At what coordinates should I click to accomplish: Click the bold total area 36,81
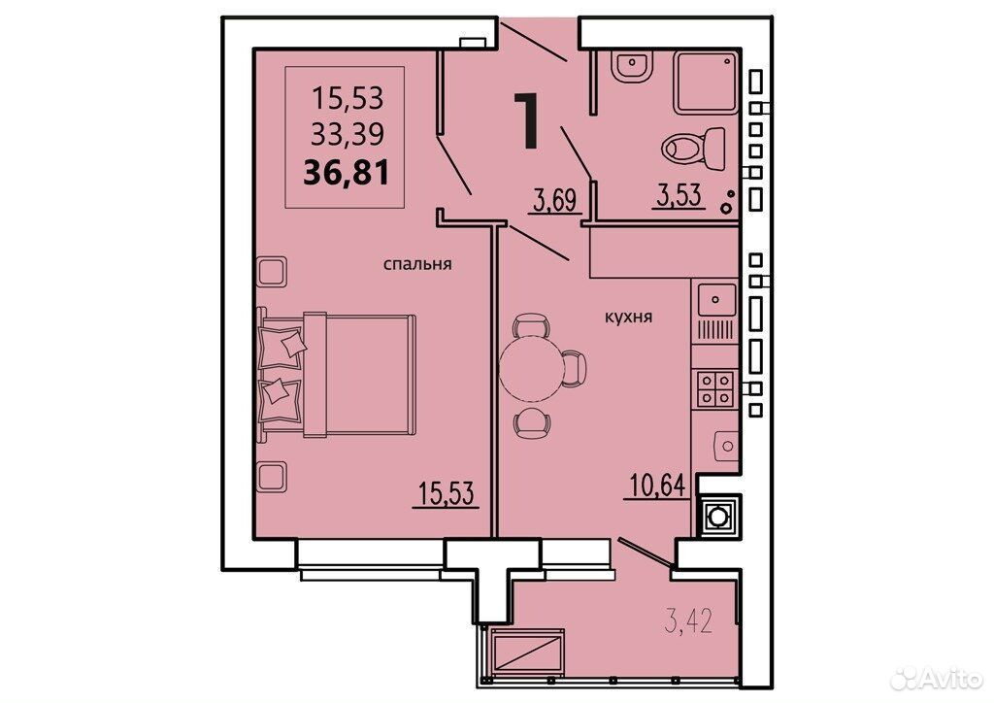tap(347, 172)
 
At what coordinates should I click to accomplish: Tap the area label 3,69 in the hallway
tap(554, 201)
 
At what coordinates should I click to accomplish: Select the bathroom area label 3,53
tap(679, 195)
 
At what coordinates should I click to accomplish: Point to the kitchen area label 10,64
tap(657, 485)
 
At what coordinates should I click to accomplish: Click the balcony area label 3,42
tap(688, 620)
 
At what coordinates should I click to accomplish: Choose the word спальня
tap(417, 264)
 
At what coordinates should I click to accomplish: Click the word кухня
tap(628, 317)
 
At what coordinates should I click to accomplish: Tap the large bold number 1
tap(527, 119)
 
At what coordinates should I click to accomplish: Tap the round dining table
tap(530, 368)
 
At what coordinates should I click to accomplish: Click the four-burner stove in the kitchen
tap(715, 388)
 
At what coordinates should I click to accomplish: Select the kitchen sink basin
tap(716, 299)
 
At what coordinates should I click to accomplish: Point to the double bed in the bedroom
tap(337, 375)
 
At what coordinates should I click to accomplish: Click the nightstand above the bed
tap(272, 271)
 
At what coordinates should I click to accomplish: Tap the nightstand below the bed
tap(272, 476)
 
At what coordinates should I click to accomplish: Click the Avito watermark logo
tap(937, 679)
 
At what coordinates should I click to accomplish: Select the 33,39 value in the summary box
tap(348, 134)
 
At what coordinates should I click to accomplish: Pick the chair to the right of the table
tap(573, 368)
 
